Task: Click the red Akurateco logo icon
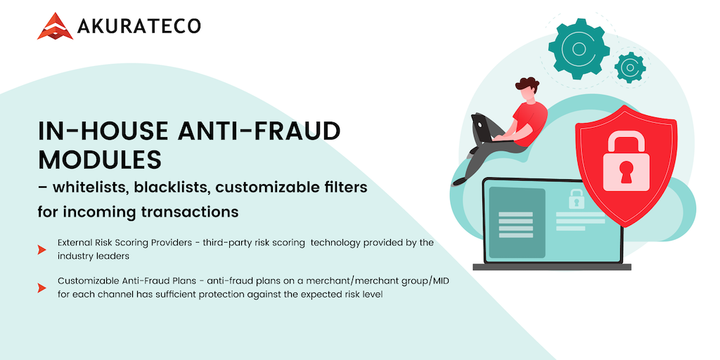(x=55, y=26)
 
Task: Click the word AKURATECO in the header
(x=139, y=27)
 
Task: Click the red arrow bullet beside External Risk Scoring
(x=41, y=250)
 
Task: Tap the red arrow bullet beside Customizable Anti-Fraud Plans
(x=41, y=288)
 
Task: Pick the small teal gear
(x=630, y=67)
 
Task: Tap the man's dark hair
(x=527, y=85)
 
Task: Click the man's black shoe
(x=460, y=181)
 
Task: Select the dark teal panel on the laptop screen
(x=517, y=223)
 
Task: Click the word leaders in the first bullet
(x=115, y=256)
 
